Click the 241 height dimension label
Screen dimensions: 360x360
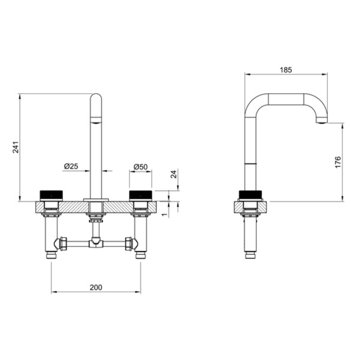pyautogui.click(x=16, y=147)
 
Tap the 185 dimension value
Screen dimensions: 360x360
pyautogui.click(x=286, y=70)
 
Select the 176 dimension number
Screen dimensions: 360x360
pyautogui.click(x=338, y=162)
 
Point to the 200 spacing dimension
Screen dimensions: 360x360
pyautogui.click(x=96, y=287)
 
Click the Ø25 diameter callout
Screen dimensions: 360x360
pyautogui.click(x=71, y=166)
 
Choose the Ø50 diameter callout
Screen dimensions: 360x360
pyautogui.click(x=140, y=166)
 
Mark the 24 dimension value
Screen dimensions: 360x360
pyautogui.click(x=174, y=174)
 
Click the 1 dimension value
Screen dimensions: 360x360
pyautogui.click(x=164, y=215)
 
